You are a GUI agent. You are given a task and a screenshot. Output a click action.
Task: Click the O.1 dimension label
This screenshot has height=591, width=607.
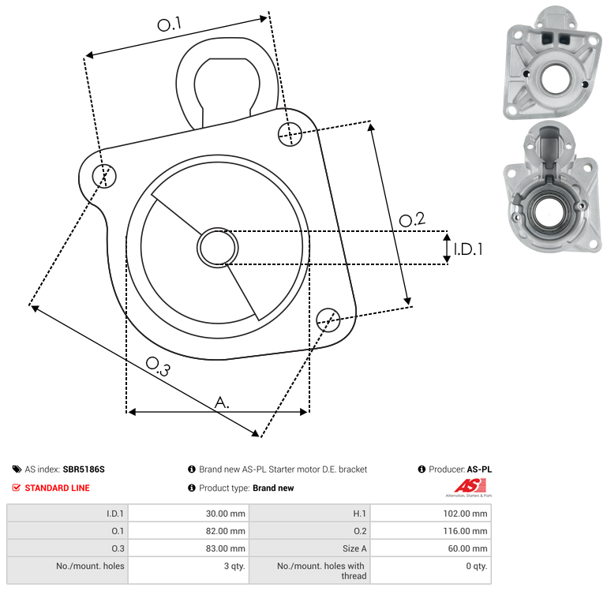coord(170,24)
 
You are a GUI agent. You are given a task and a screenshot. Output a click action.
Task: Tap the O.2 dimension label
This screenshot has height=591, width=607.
coord(412,220)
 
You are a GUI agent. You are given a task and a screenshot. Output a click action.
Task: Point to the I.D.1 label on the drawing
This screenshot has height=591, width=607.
coord(467,249)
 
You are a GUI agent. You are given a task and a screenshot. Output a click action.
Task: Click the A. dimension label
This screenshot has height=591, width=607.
coord(223,402)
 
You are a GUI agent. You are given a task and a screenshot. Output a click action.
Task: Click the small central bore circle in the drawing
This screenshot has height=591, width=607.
coord(217,248)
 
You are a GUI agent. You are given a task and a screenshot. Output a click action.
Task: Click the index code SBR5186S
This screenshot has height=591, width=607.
coord(84,469)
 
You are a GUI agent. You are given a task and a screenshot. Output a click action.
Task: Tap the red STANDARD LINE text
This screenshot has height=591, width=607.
coord(57,488)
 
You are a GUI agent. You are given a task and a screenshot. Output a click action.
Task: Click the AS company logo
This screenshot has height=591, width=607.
coord(468,488)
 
